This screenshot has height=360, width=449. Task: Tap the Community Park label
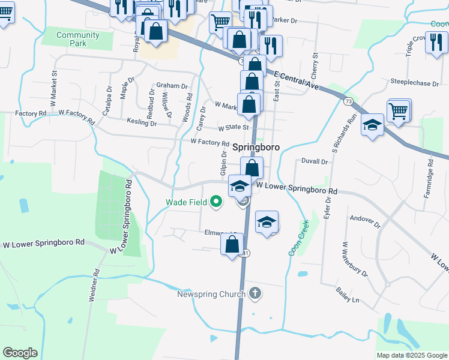70,39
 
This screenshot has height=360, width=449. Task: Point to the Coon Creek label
298,238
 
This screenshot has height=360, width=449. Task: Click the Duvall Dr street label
315,161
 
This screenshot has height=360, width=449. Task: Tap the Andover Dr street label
366,222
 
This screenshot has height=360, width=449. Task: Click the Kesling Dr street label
142,123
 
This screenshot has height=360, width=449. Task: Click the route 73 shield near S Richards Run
349,101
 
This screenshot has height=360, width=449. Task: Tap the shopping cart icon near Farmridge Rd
399,110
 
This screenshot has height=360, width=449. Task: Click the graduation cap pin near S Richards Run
373,125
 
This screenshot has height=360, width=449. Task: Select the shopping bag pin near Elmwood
232,244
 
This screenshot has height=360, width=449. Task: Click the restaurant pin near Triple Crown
436,43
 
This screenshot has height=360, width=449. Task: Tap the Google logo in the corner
20,352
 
